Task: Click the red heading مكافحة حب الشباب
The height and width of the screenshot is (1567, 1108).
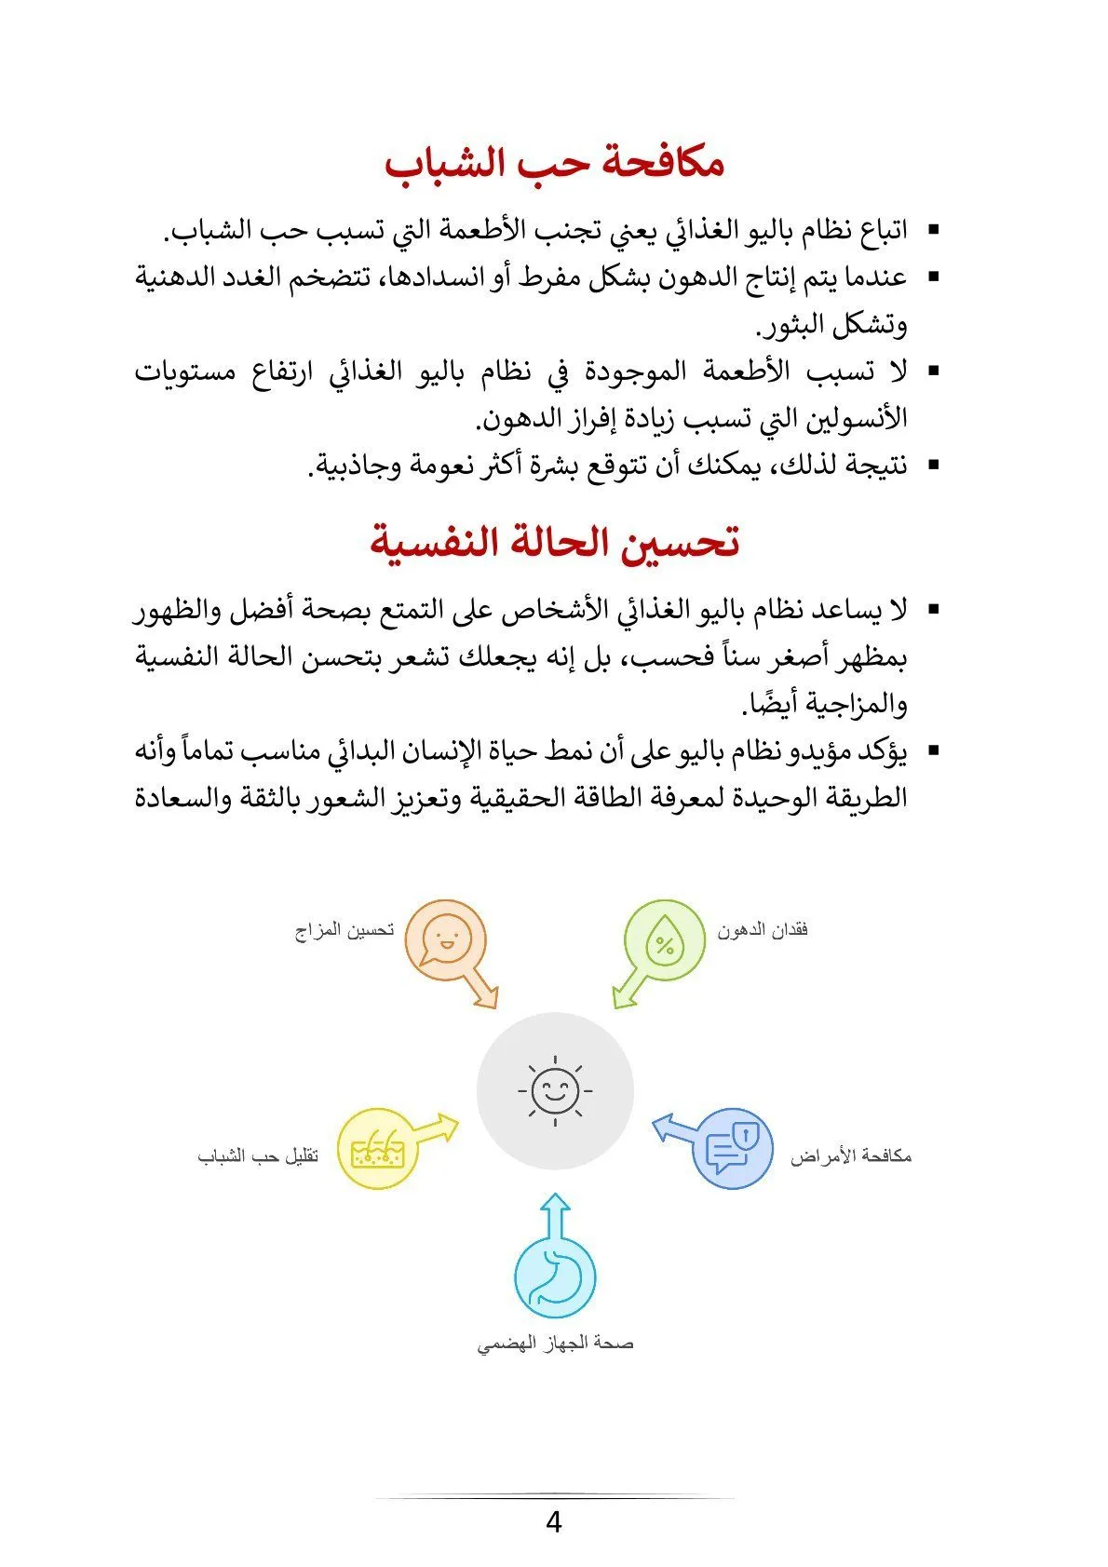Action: pyautogui.click(x=555, y=164)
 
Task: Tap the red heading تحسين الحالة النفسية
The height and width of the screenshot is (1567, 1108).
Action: pyautogui.click(x=555, y=543)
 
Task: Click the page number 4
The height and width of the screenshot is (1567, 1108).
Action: pyautogui.click(x=554, y=1523)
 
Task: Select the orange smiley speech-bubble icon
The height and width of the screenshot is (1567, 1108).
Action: pyautogui.click(x=445, y=939)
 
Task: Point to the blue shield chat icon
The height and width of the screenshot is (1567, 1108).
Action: pyautogui.click(x=734, y=1148)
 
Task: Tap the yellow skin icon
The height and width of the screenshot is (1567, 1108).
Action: pyautogui.click(x=375, y=1148)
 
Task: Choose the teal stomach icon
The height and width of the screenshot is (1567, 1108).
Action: pyautogui.click(x=555, y=1277)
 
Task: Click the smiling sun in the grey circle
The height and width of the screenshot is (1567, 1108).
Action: pyautogui.click(x=555, y=1090)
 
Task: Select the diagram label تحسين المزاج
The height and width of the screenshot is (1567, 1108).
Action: pyautogui.click(x=345, y=930)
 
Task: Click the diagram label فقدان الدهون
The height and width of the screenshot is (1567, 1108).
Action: pyautogui.click(x=763, y=929)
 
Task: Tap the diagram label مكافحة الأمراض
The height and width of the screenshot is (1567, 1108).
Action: pyautogui.click(x=851, y=1156)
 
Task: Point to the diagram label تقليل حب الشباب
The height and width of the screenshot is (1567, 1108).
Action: pyautogui.click(x=258, y=1156)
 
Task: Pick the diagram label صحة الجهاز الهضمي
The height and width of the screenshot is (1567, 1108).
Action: pyautogui.click(x=555, y=1344)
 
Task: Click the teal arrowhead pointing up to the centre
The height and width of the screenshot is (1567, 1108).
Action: pyautogui.click(x=555, y=1203)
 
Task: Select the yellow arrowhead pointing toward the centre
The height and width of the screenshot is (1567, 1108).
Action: pyautogui.click(x=448, y=1126)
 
